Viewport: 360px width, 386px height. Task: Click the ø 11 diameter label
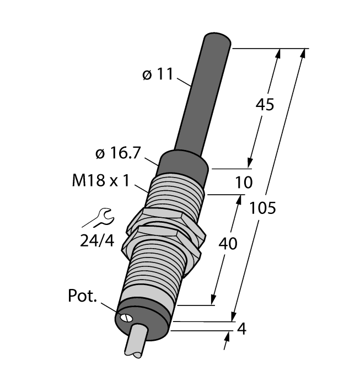coord(157,74)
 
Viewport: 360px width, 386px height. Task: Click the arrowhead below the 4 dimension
coord(227,341)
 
